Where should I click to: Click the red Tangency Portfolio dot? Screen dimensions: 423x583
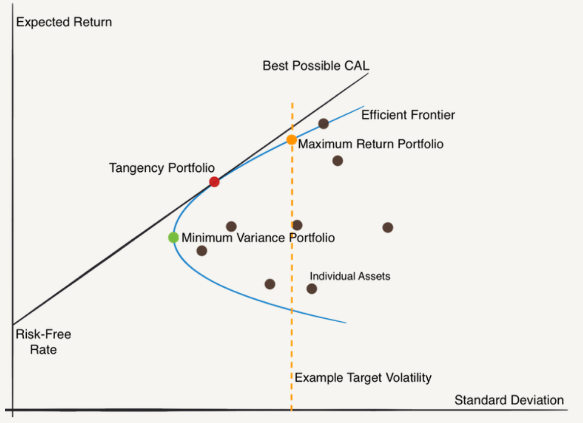coord(214,182)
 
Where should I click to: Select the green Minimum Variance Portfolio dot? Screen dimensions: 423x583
coord(173,237)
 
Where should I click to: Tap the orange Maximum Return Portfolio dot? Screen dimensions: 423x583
coord(291,140)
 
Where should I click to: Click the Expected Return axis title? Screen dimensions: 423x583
coord(64,22)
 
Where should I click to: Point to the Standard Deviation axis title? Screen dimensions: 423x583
coord(509,400)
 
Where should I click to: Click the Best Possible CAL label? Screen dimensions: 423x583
coord(316,66)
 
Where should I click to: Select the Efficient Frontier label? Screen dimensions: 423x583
coord(408,115)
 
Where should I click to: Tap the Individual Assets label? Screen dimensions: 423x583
coord(350,276)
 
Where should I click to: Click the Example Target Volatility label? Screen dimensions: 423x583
coord(363,378)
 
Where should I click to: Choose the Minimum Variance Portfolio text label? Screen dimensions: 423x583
coord(258,238)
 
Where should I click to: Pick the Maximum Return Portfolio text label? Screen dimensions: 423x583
coord(371,144)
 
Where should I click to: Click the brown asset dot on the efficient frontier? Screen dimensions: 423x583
coord(323,124)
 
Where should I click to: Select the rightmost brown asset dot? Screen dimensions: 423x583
coord(388,227)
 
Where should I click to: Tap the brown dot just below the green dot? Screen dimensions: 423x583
coord(202,251)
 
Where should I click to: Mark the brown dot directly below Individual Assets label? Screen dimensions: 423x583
coord(312,289)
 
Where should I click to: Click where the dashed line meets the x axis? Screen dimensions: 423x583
coord(291,409)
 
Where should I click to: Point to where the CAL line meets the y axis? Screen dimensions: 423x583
coord(13,324)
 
